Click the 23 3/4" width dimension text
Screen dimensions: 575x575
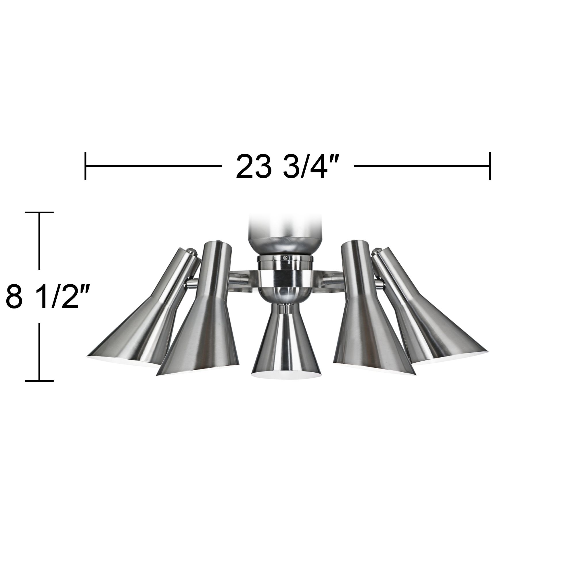coord(287,167)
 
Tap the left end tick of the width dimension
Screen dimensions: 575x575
coord(85,166)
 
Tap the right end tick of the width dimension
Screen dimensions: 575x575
coord(490,166)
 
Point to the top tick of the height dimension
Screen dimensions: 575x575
coord(39,212)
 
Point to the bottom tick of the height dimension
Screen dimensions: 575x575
coord(39,380)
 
